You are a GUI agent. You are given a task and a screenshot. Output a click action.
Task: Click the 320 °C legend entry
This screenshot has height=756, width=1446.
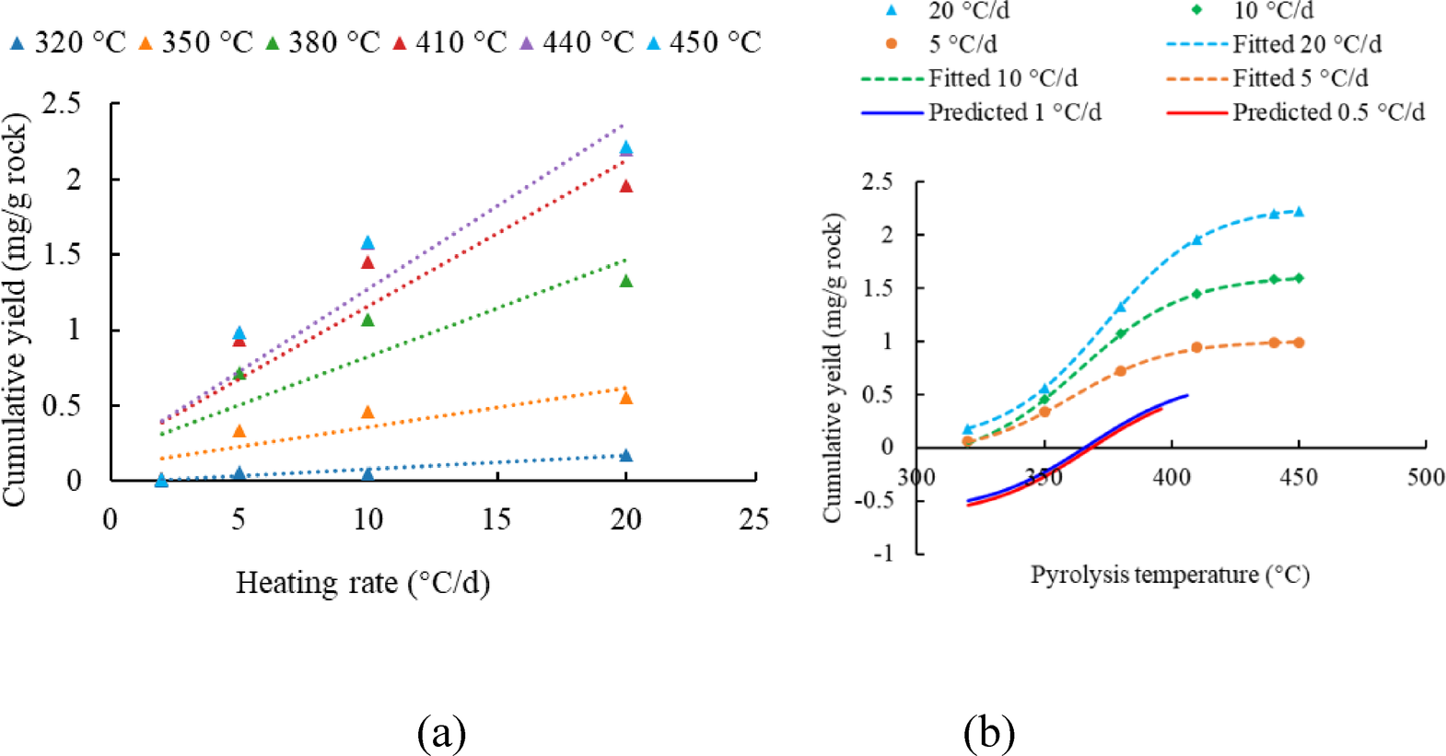click(x=66, y=42)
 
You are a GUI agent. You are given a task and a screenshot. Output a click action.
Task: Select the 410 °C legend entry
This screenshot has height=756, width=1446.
click(x=449, y=42)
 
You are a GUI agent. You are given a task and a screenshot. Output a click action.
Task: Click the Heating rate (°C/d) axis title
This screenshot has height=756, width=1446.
click(x=362, y=583)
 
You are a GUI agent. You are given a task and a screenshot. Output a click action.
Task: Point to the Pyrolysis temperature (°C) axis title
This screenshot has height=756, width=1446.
click(x=1169, y=575)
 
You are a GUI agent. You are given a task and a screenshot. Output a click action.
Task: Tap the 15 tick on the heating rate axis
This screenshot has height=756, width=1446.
click(x=496, y=519)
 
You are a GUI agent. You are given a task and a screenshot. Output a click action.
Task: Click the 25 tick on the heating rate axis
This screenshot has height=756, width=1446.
click(x=753, y=519)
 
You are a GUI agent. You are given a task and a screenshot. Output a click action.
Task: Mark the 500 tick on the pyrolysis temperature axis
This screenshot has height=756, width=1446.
click(x=1425, y=477)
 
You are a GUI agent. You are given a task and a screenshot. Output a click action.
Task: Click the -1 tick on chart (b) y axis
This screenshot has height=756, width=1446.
click(x=883, y=553)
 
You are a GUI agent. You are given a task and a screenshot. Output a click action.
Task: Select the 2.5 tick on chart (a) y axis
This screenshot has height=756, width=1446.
click(x=61, y=103)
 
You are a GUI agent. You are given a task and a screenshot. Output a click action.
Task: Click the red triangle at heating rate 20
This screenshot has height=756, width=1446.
click(x=626, y=186)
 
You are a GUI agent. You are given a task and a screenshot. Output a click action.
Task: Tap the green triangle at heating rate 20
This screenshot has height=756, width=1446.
click(x=626, y=281)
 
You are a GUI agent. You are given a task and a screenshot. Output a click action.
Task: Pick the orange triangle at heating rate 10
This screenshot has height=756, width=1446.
click(x=367, y=412)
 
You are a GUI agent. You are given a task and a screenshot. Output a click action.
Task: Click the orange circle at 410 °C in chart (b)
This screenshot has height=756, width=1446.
click(x=1196, y=347)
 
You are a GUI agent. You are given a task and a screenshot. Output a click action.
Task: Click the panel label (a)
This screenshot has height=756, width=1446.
click(x=441, y=733)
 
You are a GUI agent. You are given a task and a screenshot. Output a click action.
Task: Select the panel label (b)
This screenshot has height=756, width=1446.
click(x=989, y=733)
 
